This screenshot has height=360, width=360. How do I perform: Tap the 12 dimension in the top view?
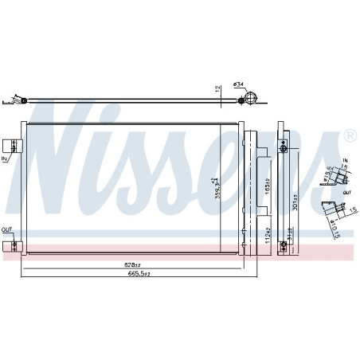click(x=217, y=90)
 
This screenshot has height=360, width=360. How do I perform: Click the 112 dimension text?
click(x=267, y=233)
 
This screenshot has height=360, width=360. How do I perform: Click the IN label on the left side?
click(x=5, y=160)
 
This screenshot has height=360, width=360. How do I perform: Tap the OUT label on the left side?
click(x=6, y=230)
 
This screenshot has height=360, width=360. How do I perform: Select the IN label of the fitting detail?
click(x=344, y=160)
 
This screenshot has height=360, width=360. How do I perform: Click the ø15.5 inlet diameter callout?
click(x=328, y=173)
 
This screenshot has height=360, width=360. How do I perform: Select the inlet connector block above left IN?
click(x=11, y=146)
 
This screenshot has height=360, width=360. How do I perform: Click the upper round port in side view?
click(x=283, y=148)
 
